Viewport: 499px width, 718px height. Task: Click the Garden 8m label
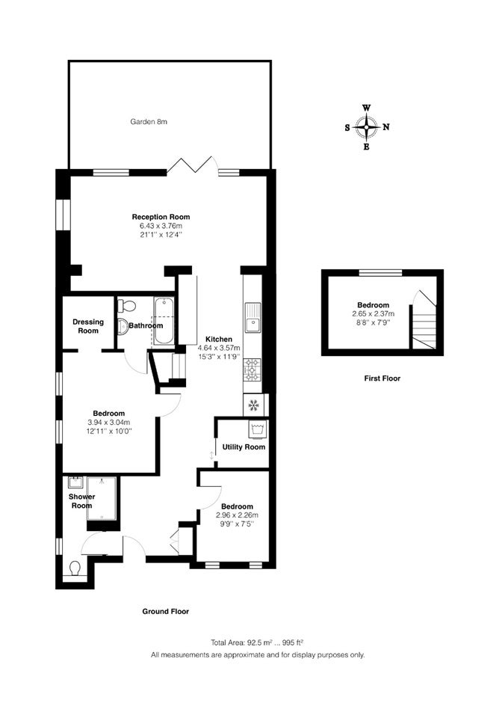coord(149,122)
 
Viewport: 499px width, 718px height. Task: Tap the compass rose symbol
coord(366,127)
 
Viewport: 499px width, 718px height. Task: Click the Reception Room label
coord(161,217)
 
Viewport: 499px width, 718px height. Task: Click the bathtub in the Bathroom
coord(164,321)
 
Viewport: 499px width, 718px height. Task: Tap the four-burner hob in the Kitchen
coord(252,369)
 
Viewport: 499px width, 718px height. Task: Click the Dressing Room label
coord(88,326)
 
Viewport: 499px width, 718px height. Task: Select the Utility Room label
coord(244,447)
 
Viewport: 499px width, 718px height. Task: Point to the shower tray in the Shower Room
coord(102,499)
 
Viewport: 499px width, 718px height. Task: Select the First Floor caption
coord(382,378)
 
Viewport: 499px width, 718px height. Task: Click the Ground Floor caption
coord(166,611)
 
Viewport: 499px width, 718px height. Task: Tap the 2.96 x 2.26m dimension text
coord(237,515)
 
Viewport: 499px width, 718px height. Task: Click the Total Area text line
coord(258,642)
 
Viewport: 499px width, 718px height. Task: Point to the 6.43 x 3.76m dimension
coord(161,226)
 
